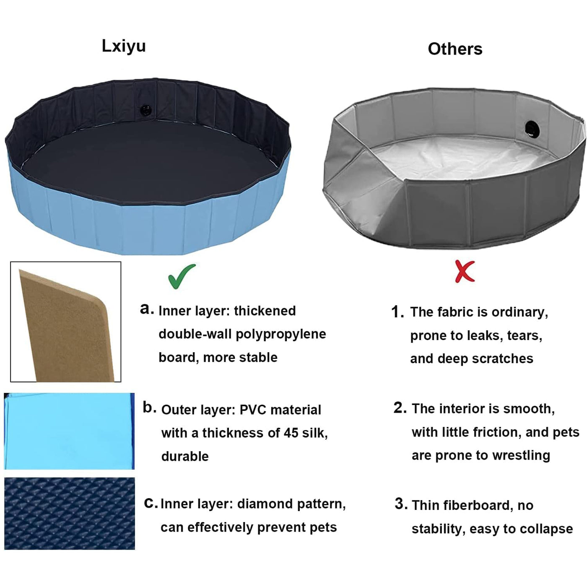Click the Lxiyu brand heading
(124, 46)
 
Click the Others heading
(455, 49)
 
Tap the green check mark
(182, 276)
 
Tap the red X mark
(465, 271)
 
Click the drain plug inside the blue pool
(145, 109)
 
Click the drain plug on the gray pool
(532, 129)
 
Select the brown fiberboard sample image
(66, 322)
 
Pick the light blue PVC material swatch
(69, 431)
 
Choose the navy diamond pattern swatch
(70, 513)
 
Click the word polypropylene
(281, 335)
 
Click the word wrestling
(521, 456)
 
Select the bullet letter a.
(146, 309)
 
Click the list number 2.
(400, 408)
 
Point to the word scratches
(502, 358)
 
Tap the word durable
(185, 456)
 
